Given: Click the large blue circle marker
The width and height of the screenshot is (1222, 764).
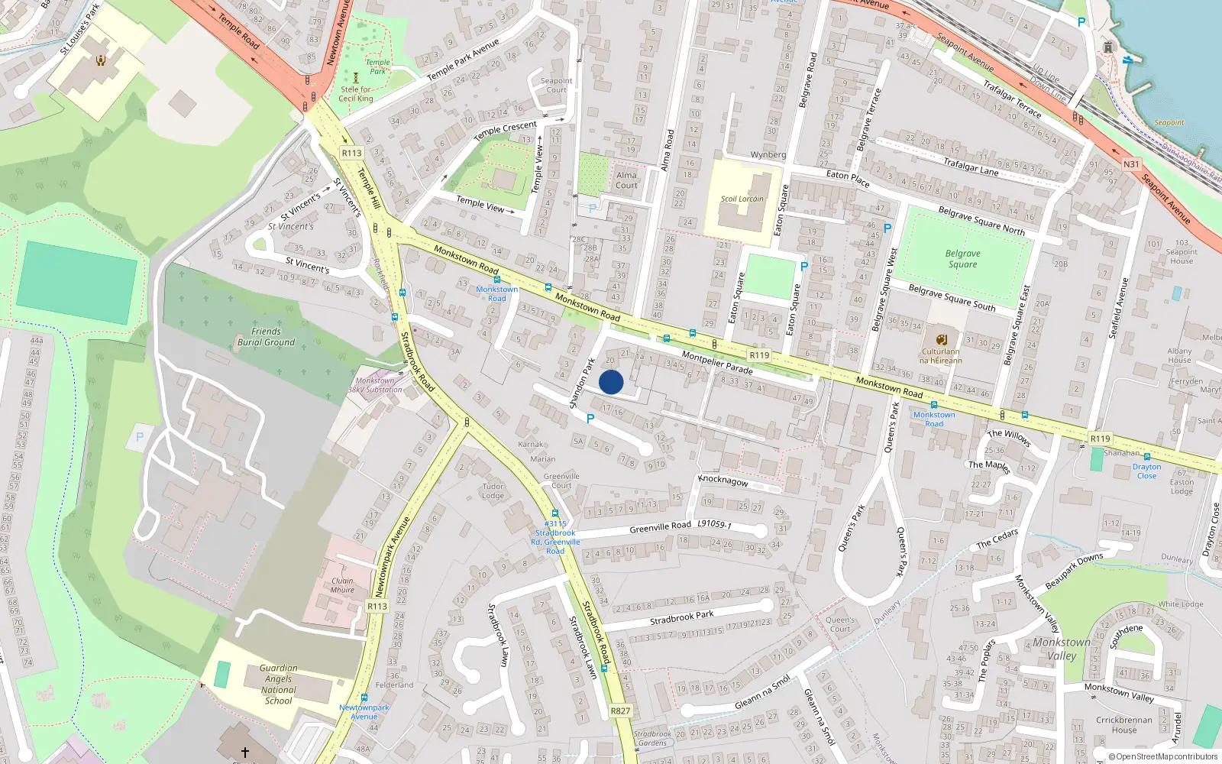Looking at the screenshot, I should [611, 382].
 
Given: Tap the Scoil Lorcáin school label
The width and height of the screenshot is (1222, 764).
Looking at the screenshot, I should [742, 199].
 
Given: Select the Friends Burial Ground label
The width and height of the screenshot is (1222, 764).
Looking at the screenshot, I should [266, 337].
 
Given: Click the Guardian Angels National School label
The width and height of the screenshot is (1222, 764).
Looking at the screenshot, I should [278, 685].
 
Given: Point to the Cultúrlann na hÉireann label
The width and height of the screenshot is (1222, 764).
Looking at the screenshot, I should [941, 356].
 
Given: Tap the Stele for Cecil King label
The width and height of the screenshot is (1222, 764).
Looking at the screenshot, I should [357, 94].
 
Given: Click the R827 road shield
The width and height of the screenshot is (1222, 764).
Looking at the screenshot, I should [620, 711].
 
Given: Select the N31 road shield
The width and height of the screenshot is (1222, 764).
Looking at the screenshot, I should [1131, 164].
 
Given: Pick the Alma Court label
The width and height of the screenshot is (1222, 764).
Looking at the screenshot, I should [626, 180].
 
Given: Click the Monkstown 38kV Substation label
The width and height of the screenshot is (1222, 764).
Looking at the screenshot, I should [375, 385].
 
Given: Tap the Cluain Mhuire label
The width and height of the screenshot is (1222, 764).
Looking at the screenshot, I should [342, 585].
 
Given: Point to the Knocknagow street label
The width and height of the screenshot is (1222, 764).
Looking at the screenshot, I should [723, 481].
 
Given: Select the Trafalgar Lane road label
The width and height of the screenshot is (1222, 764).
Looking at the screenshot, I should [971, 166].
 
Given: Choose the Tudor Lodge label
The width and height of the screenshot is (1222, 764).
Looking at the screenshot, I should [493, 491].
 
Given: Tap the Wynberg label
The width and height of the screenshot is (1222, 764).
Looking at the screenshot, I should [768, 155].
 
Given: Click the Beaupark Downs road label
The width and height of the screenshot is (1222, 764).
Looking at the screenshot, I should [1074, 571].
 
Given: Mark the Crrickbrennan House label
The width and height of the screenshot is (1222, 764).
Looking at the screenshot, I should [1124, 725].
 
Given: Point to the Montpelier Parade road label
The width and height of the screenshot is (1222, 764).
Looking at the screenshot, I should [717, 362].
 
